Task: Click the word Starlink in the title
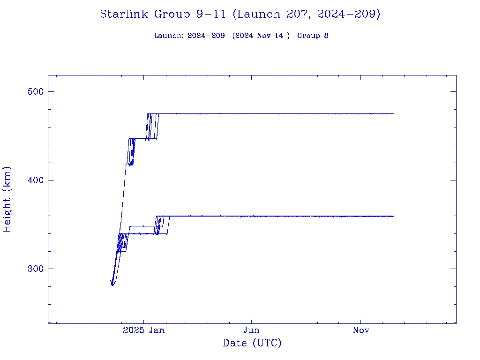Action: pos(125,14)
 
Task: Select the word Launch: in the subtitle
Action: pos(169,36)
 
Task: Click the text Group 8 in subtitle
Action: pos(313,36)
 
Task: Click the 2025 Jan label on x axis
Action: pos(144,330)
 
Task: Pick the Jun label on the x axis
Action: pos(252,330)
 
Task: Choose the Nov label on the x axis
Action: pos(361,330)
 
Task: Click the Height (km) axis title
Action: pos(7,199)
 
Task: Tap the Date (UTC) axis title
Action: pos(252,343)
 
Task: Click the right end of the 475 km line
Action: pos(393,113)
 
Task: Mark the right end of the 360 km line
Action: pos(393,216)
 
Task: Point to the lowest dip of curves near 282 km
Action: pos(112,285)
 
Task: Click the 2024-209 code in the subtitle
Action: pos(206,36)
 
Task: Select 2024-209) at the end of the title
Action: pos(348,14)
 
